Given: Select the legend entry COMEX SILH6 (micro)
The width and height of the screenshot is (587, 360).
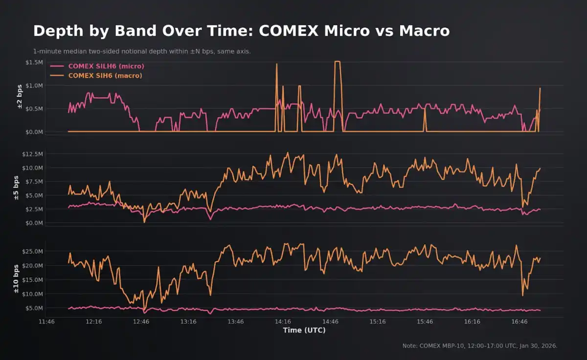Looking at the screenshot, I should point(106,66).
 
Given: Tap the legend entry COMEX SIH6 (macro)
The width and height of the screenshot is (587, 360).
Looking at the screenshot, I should point(105,75).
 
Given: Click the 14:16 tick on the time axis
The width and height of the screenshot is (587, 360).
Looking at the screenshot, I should point(283,322).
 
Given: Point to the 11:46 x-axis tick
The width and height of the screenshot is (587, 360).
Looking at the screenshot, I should point(46,322).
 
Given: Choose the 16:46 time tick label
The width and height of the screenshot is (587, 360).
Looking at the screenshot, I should point(519,322).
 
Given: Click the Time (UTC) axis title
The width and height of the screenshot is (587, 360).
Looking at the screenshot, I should point(304,330).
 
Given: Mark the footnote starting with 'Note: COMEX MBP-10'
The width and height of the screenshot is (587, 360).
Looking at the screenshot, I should point(480,346).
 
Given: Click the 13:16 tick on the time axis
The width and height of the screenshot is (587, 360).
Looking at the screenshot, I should point(188,322).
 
